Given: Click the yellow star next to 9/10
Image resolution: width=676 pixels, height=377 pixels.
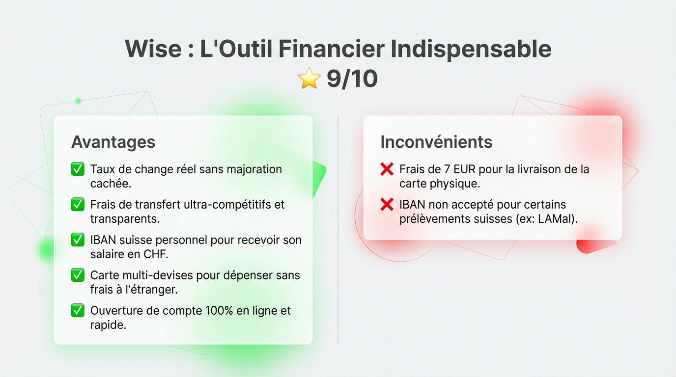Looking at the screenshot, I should pos(309,79).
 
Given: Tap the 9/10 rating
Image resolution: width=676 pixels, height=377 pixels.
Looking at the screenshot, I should pos(352,79).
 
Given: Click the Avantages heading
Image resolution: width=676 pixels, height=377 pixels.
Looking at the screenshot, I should pos(113,142).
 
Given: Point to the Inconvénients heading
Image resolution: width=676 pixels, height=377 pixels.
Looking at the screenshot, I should pos(436,142).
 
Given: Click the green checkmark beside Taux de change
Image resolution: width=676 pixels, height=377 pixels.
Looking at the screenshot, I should pos(78,170).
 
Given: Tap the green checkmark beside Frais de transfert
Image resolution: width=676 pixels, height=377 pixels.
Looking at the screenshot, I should pos(78,205).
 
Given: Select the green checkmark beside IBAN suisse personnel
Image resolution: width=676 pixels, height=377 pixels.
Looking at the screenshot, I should pos(78,240).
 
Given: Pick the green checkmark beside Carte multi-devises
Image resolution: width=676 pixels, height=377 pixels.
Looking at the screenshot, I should pos(78,275).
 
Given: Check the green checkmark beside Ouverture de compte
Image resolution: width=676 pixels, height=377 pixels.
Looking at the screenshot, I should pos(78,311).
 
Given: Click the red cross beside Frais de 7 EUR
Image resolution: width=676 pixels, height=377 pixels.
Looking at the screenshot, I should pos(387,170).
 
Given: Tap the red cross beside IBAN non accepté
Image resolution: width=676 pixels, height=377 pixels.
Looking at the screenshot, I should pos(387,205).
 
